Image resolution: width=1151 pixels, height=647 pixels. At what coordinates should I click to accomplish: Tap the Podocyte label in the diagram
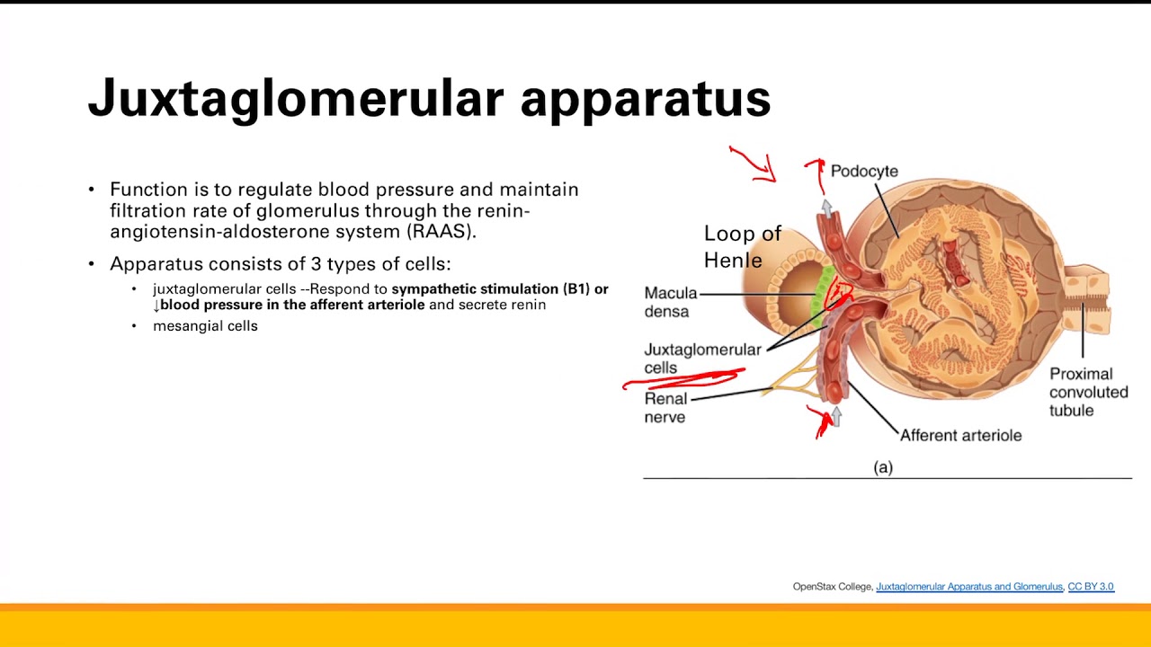pyautogui.click(x=863, y=171)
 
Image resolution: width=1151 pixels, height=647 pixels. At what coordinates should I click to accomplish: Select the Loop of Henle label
pyautogui.click(x=742, y=247)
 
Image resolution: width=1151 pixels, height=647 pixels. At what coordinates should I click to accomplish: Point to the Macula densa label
pyautogui.click(x=670, y=303)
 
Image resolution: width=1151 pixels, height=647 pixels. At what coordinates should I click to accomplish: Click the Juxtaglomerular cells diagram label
pyautogui.click(x=701, y=358)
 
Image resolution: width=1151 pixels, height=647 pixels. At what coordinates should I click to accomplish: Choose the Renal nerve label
pyautogui.click(x=665, y=407)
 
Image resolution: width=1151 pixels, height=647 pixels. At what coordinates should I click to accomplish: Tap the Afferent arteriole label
pyautogui.click(x=960, y=435)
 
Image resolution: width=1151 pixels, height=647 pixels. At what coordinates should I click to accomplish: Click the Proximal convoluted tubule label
pyautogui.click(x=1088, y=392)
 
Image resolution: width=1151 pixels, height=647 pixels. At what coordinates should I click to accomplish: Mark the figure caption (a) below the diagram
pyautogui.click(x=883, y=467)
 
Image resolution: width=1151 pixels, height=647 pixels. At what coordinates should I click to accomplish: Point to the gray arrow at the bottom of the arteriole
pyautogui.click(x=836, y=416)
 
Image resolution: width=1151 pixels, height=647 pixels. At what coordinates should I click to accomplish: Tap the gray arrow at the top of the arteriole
pyautogui.click(x=826, y=208)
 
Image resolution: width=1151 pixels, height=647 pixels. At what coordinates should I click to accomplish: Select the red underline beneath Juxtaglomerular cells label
pyautogui.click(x=683, y=379)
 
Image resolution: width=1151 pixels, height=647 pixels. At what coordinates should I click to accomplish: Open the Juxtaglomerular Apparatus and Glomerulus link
pyautogui.click(x=968, y=587)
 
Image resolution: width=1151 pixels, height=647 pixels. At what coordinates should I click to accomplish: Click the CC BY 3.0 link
pyautogui.click(x=1090, y=587)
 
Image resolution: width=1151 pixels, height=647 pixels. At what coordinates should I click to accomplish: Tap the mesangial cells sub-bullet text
pyautogui.click(x=205, y=326)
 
